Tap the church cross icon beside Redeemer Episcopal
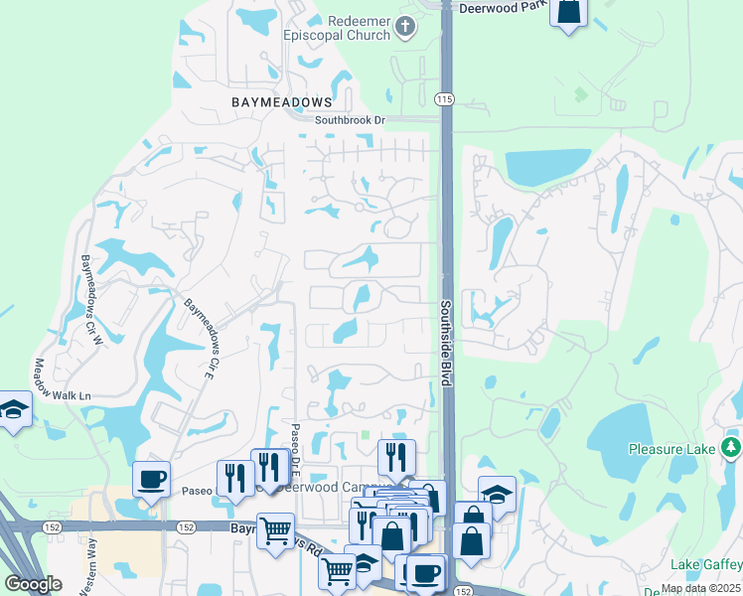(x=404, y=27)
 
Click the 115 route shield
(x=443, y=98)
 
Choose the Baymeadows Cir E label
(x=199, y=337)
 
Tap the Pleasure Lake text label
(x=672, y=449)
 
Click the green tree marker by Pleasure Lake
(x=732, y=447)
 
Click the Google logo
(x=33, y=583)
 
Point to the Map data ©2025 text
(x=699, y=588)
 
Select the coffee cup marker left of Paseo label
(x=151, y=480)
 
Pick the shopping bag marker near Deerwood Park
(x=568, y=12)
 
